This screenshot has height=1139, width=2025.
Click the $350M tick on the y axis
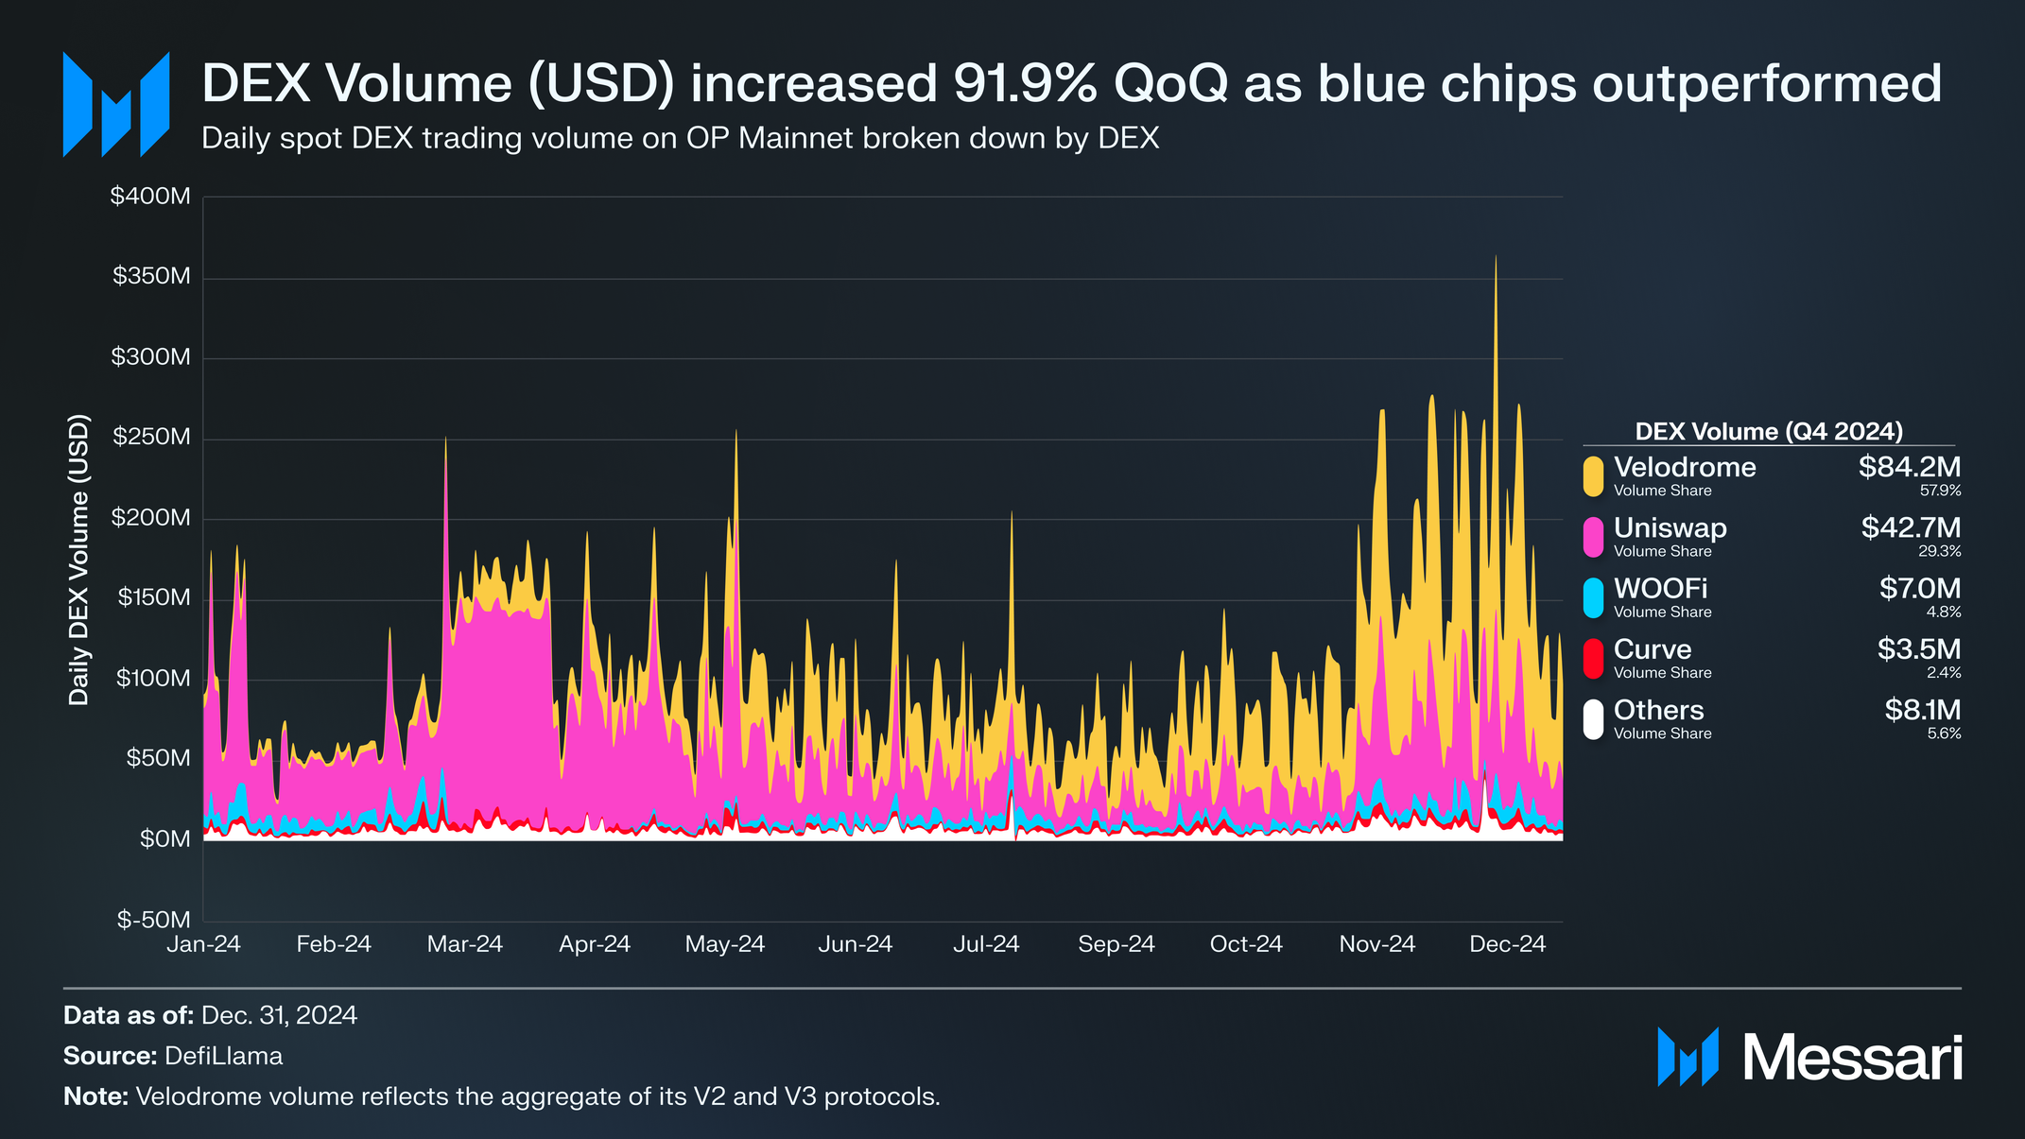pos(151,277)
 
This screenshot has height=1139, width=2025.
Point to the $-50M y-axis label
pos(153,920)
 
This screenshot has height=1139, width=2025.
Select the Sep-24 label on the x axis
pos(1116,944)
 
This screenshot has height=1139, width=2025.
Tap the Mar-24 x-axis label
pos(464,944)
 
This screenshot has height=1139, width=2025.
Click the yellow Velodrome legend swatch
pos(1593,475)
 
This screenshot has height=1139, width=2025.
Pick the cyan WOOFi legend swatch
pos(1593,597)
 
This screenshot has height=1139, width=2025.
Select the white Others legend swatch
pos(1593,719)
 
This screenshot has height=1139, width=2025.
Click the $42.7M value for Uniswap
pos(1910,527)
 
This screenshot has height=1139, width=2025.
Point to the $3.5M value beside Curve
pos(1918,649)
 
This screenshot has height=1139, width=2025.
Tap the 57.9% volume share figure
pos(1940,491)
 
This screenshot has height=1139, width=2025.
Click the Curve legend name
pos(1652,649)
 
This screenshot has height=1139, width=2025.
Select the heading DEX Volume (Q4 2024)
pos(1768,432)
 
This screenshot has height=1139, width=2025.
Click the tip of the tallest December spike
pos(1496,256)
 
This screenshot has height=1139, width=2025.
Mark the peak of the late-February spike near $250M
pos(445,438)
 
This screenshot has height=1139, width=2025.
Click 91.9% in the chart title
pos(1025,83)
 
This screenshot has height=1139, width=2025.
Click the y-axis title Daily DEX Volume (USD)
pos(79,560)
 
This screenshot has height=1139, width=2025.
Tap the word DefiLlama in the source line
pos(223,1056)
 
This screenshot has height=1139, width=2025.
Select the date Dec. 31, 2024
pos(279,1015)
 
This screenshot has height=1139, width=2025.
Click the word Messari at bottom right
pos(1852,1058)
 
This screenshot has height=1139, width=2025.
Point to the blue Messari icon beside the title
pos(115,105)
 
